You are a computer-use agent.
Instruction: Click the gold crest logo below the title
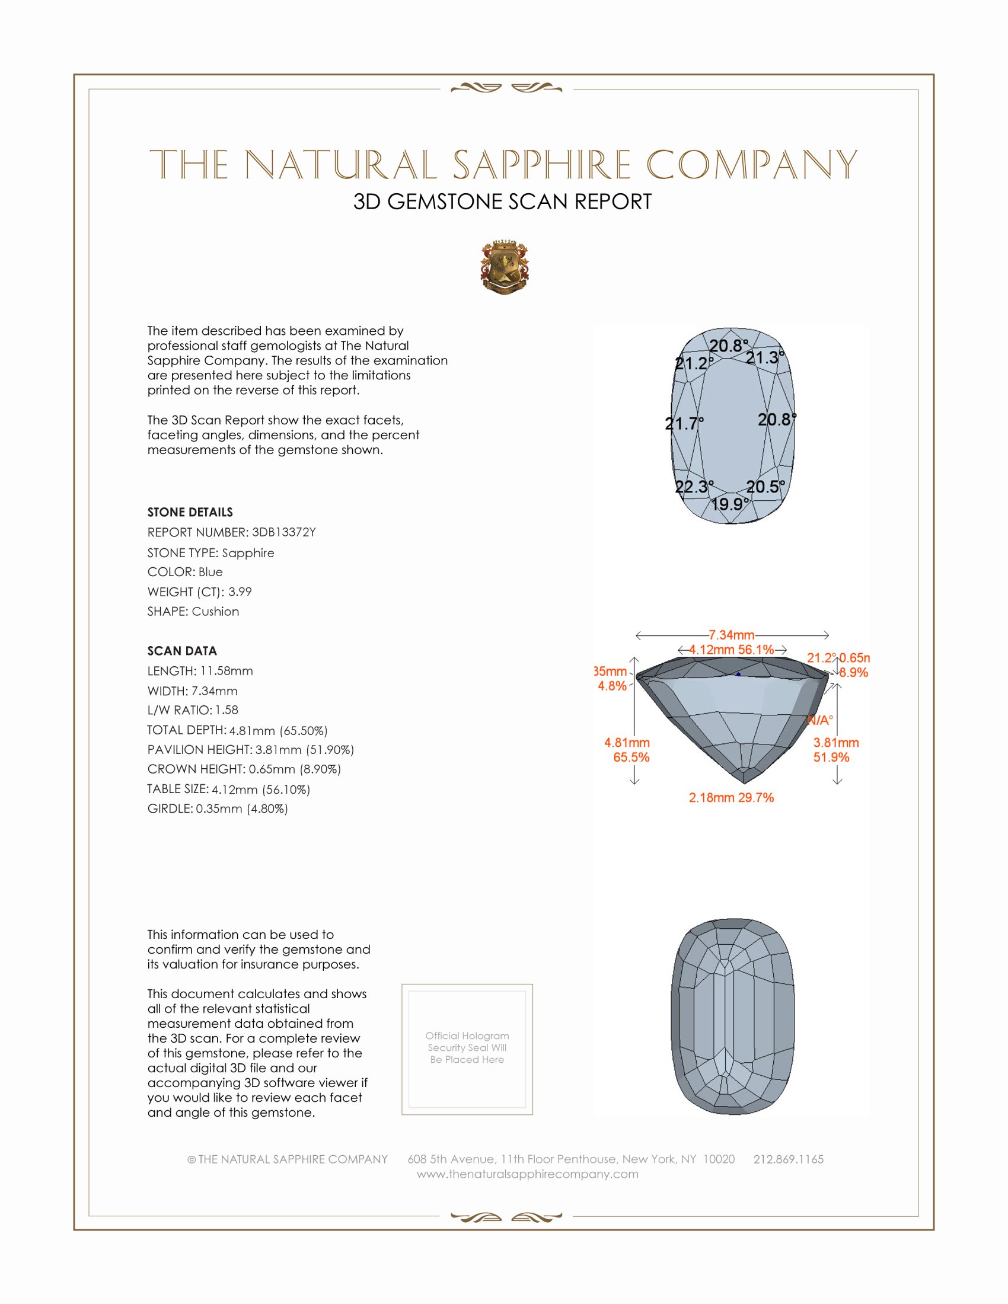[x=505, y=267]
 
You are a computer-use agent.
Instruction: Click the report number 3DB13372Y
[x=283, y=533]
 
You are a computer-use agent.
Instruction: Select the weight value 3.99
[x=240, y=592]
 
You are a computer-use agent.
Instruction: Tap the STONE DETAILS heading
[x=190, y=512]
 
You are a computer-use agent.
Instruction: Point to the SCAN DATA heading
[x=182, y=651]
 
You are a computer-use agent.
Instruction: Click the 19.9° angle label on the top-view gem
[x=730, y=504]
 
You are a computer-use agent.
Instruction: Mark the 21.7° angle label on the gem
[x=684, y=424]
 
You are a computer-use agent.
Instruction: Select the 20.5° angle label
[x=765, y=487]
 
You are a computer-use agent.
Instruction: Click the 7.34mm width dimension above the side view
[x=732, y=635]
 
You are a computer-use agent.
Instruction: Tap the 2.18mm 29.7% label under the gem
[x=731, y=798]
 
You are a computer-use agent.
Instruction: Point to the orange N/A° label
[x=820, y=721]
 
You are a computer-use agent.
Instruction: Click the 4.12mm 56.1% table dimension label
[x=732, y=650]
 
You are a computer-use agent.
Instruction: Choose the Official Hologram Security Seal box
[x=467, y=1049]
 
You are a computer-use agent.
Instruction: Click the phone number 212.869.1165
[x=788, y=1159]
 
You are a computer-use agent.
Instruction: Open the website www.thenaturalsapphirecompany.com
[x=527, y=1174]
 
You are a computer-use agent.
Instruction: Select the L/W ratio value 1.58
[x=227, y=711]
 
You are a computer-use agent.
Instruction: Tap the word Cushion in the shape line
[x=216, y=612]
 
